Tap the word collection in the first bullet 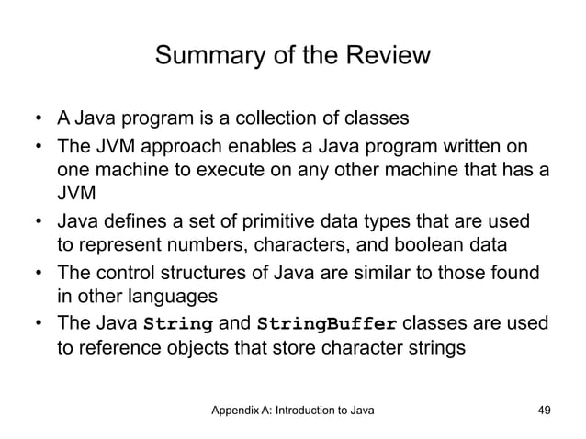(289, 118)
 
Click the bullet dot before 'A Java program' (39, 119)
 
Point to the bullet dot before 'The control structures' (39, 274)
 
